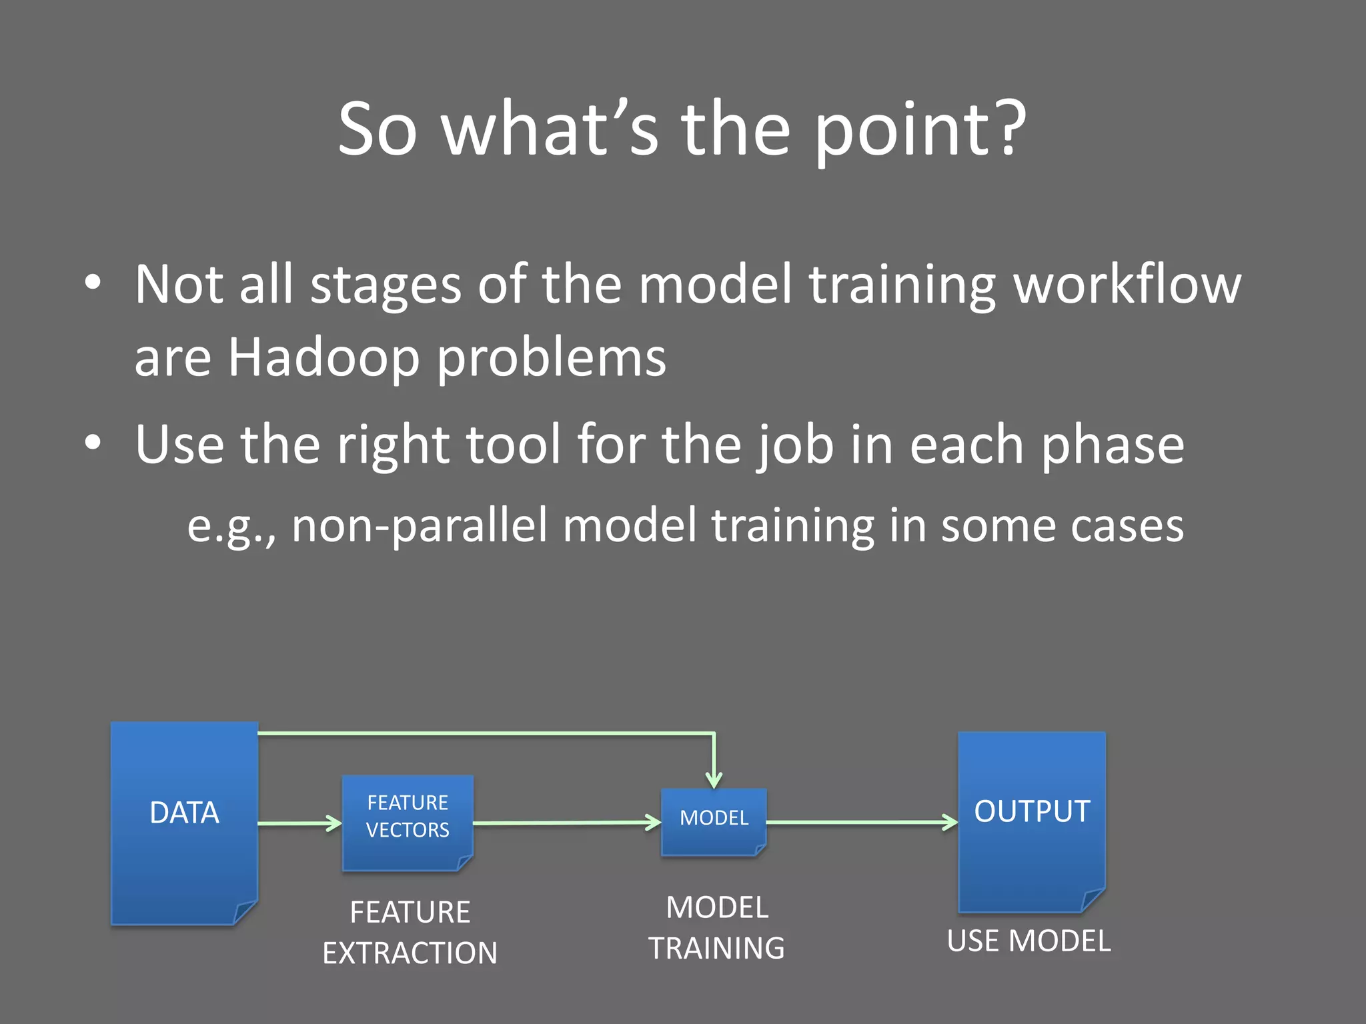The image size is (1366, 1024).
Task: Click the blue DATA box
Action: point(184,823)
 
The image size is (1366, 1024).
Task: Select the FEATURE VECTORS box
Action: point(408,823)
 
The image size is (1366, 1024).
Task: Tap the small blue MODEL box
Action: point(714,821)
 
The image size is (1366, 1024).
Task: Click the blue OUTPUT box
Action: point(1031,821)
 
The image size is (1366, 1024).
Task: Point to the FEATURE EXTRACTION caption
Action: point(410,932)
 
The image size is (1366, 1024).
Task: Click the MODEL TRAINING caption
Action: point(717,927)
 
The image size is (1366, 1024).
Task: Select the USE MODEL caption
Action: point(1029,941)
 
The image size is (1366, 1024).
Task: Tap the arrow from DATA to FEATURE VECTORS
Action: point(300,823)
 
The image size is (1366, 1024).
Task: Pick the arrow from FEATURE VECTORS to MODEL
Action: point(567,823)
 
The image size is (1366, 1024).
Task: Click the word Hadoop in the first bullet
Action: point(324,357)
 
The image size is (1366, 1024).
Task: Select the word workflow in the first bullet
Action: point(1127,285)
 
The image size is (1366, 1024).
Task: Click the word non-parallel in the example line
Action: point(420,525)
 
